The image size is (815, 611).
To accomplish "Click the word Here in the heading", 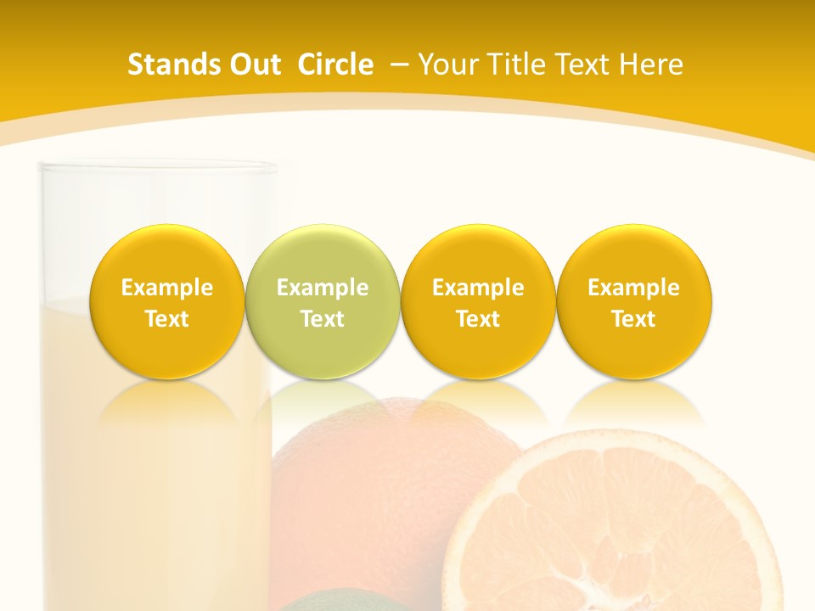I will point(653,64).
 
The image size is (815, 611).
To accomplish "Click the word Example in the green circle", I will point(322,288).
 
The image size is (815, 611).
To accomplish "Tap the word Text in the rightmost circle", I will point(633,319).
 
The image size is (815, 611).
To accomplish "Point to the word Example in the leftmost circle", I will point(166,288).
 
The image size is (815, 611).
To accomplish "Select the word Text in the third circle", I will point(478,319).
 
